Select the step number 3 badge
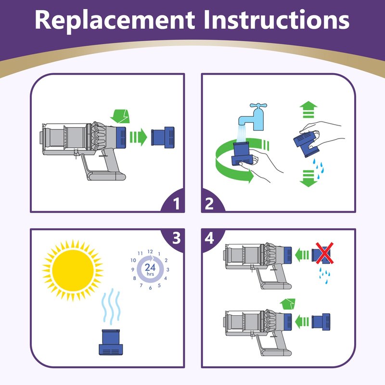tap(176, 238)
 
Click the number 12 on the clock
tap(150, 251)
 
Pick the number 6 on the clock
tap(151, 288)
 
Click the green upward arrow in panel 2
tap(307, 109)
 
